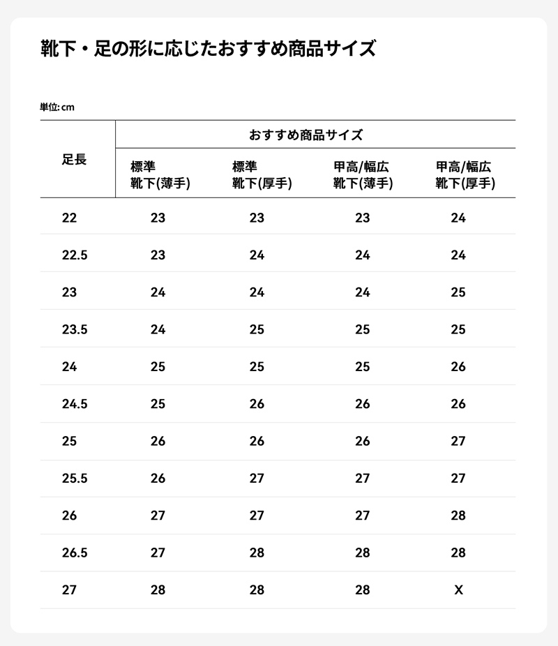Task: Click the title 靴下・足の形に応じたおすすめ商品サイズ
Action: click(x=209, y=49)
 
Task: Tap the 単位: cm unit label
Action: click(x=57, y=107)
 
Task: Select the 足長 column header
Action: click(x=74, y=160)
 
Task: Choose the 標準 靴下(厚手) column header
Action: click(x=262, y=175)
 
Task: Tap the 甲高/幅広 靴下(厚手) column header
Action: click(x=465, y=175)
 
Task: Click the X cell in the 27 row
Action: click(x=458, y=590)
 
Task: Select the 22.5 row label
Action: click(x=75, y=255)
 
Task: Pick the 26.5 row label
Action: click(x=75, y=553)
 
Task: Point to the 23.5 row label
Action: click(x=75, y=329)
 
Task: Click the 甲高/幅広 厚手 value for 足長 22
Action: click(x=458, y=218)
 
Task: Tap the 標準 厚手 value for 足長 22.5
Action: click(x=257, y=255)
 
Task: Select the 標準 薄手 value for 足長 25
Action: click(x=158, y=441)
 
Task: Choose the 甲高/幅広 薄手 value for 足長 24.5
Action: click(x=363, y=404)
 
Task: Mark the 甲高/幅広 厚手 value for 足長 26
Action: click(x=458, y=516)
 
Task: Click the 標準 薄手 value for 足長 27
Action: click(x=158, y=590)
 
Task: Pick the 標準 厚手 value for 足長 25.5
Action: click(x=257, y=479)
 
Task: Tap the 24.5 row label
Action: click(x=75, y=404)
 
